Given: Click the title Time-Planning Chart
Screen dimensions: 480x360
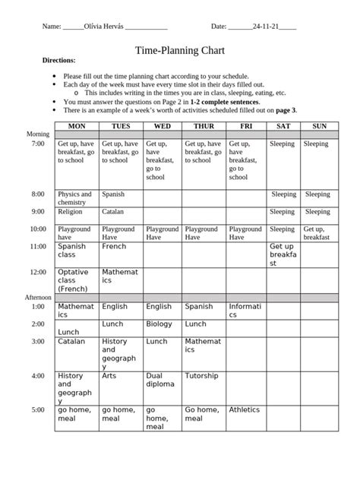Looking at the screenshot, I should tap(179, 51).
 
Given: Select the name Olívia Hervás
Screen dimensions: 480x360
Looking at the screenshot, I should tap(106, 27).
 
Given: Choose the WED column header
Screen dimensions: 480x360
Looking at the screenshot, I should tap(162, 125).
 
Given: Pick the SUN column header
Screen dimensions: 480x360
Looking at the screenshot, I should tap(319, 125).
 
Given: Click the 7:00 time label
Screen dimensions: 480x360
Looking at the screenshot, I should tap(38, 144).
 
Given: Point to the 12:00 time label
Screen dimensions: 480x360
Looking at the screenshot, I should tap(38, 271).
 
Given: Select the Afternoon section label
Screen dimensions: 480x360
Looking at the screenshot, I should tap(38, 297).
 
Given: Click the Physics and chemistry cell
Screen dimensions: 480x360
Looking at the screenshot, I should tap(75, 198).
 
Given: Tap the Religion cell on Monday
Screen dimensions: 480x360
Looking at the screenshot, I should tap(70, 212).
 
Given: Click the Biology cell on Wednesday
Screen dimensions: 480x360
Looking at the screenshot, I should tap(159, 324).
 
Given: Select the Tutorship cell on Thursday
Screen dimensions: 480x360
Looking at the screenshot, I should tap(202, 375).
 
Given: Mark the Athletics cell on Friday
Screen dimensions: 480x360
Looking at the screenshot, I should tap(244, 409).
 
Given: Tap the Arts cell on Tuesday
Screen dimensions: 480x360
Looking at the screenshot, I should tap(109, 375).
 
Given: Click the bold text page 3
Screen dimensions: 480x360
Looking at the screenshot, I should tap(285, 110).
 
